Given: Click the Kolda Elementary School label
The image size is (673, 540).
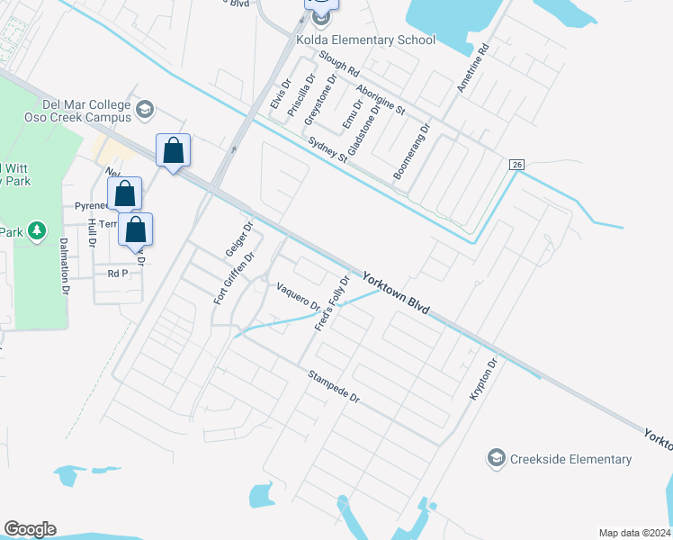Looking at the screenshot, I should tap(365, 40).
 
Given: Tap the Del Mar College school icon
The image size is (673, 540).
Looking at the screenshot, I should tap(144, 110).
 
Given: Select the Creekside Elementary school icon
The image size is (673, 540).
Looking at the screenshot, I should tap(496, 459).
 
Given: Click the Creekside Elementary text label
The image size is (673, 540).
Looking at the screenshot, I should tap(570, 459).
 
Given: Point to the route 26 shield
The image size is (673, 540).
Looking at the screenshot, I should tap(516, 165).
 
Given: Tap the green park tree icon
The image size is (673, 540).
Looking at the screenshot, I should tap(37, 231).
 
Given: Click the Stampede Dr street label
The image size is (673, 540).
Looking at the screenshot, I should tap(334, 386).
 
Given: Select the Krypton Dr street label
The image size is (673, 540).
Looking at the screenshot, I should tap(482, 380).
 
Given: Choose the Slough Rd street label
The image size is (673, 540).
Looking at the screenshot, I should tap(338, 63).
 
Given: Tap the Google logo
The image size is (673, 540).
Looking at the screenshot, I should tap(30, 529).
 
